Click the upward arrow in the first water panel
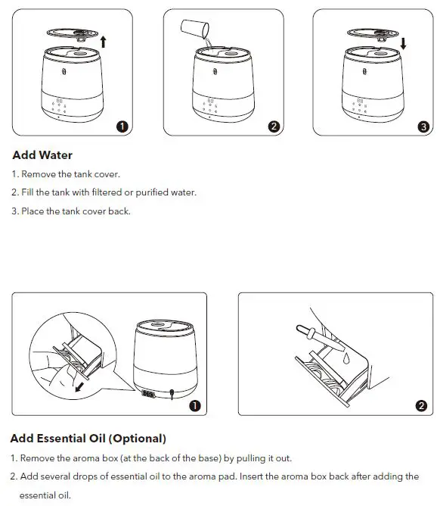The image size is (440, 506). [x=103, y=42]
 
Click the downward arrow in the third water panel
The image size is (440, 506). [x=403, y=44]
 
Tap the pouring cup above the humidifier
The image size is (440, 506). [x=195, y=28]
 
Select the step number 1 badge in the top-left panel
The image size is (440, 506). [x=122, y=126]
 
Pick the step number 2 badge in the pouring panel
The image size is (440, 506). [x=274, y=126]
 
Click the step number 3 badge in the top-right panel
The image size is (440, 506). [x=423, y=126]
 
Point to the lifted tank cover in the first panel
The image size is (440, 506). [x=73, y=34]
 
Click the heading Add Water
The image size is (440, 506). [x=42, y=155]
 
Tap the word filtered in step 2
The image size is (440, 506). [x=107, y=192]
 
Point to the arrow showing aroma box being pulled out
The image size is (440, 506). [x=79, y=387]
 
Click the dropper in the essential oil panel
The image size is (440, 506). [x=321, y=338]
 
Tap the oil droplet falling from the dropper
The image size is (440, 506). [x=346, y=358]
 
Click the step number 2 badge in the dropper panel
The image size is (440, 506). [x=421, y=406]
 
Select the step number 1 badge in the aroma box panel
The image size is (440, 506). [x=195, y=406]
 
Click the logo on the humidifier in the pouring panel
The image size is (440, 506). [x=215, y=71]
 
